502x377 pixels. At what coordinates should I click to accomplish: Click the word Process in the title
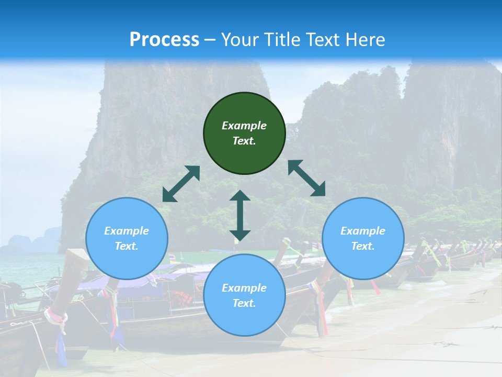164,40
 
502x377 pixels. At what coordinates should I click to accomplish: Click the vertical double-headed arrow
240,215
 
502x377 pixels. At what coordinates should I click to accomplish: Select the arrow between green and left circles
181,184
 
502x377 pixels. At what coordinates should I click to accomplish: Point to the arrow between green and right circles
306,178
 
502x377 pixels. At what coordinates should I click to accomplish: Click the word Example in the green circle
244,126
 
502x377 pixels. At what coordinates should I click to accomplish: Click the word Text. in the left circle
127,246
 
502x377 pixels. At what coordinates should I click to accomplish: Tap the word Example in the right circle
363,231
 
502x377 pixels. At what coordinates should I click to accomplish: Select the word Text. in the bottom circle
244,303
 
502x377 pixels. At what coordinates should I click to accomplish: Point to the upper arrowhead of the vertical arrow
240,196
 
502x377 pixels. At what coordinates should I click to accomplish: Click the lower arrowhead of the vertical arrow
240,235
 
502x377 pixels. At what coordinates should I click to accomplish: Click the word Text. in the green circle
244,141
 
